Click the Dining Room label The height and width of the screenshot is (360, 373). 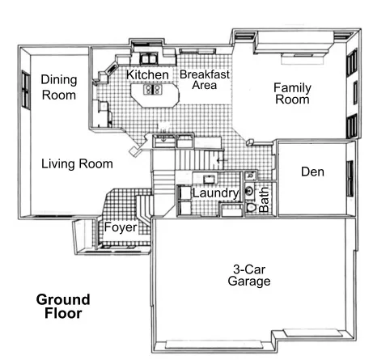coord(58,87)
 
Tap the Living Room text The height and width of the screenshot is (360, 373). coord(77,164)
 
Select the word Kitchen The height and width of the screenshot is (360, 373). coord(147,75)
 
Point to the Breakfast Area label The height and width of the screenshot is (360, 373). coord(206,80)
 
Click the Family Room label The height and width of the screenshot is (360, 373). coord(292,94)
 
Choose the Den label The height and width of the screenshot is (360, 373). coord(312,172)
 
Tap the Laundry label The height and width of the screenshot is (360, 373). coord(214,194)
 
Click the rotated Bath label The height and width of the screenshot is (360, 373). coord(264,197)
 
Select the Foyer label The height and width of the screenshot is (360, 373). coord(120,227)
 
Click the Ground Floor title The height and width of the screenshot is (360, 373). coord(63,307)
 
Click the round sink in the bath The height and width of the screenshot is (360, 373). coord(250,192)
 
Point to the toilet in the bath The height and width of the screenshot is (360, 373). coord(252,207)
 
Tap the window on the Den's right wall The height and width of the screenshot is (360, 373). coord(350,176)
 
